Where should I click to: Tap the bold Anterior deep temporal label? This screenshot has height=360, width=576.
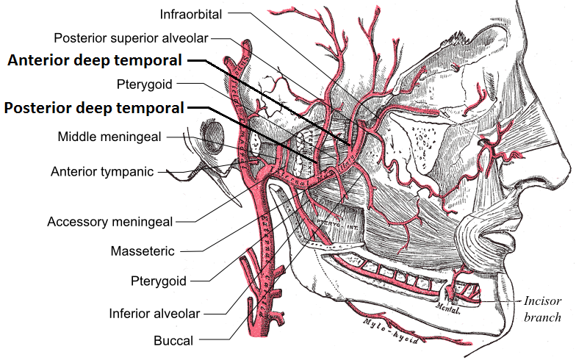coord(95,61)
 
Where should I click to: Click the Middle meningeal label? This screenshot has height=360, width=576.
coord(111,137)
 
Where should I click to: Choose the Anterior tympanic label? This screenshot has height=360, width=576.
coord(102,172)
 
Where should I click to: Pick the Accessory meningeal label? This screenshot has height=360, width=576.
coord(110,221)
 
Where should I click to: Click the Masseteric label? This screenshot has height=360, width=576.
coord(142,251)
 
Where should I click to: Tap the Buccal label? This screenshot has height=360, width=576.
coord(173,340)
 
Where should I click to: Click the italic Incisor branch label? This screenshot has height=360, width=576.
coord(542,309)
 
